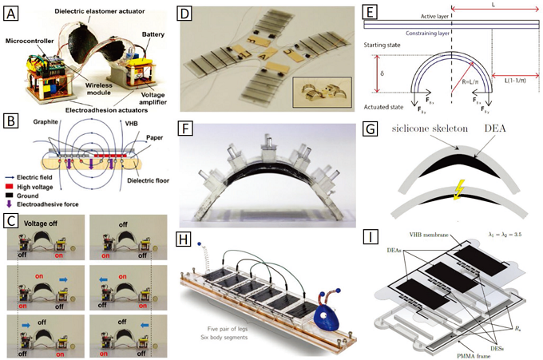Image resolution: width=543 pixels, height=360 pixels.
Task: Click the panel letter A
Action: point(14,14)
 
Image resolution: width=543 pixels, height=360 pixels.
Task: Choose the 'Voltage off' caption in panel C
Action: point(45,225)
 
